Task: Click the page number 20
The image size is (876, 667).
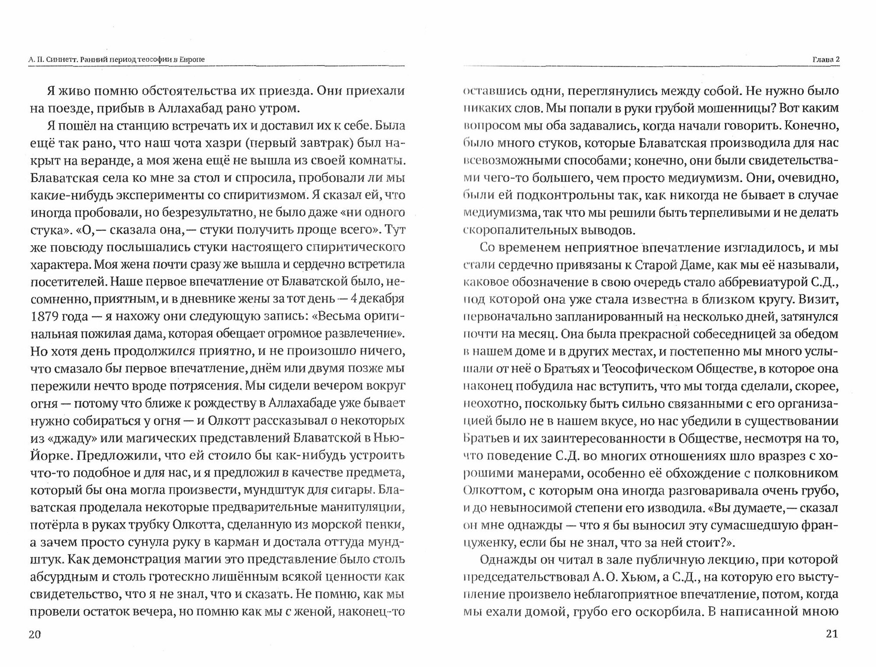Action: click(x=35, y=634)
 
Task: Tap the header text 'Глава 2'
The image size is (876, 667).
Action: click(x=825, y=59)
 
